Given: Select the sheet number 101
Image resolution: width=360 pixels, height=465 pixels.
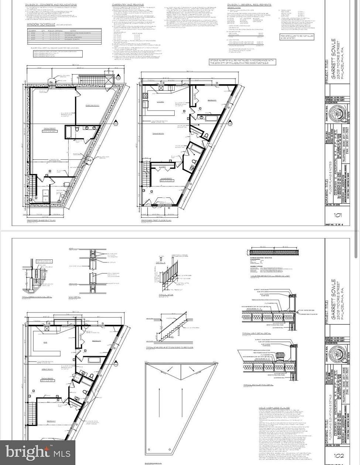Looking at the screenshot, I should [337, 216].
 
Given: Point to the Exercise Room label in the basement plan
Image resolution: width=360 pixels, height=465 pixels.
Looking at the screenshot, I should [89, 105].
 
